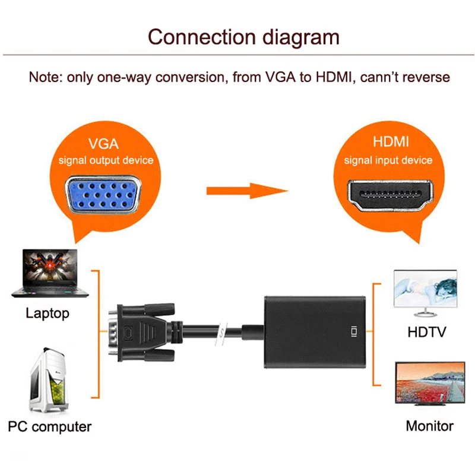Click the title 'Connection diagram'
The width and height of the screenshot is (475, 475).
coord(243,37)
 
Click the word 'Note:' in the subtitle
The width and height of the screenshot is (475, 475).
coord(46,77)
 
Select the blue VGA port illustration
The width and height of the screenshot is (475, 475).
coord(103,194)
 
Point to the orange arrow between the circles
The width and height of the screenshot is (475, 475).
coord(247,191)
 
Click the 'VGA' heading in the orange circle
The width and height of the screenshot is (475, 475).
coord(103,144)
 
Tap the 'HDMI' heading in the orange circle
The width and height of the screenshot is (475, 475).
coord(391,141)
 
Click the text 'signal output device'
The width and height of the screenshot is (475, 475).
coord(106,160)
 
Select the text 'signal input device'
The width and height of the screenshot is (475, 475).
coord(388,160)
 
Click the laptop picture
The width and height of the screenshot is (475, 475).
coord(50,273)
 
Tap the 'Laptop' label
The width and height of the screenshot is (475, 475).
coord(47,313)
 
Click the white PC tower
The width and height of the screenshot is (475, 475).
coord(49,380)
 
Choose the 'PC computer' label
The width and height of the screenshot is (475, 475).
coord(50,427)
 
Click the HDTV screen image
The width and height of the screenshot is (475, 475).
coord(425,293)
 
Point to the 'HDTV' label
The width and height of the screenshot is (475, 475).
coord(427,332)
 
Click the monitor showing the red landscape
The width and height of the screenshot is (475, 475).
coord(430,384)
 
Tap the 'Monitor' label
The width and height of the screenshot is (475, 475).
coord(429,426)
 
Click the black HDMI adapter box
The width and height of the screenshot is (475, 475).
coord(315,332)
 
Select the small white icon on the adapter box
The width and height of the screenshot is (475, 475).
coord(353,331)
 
